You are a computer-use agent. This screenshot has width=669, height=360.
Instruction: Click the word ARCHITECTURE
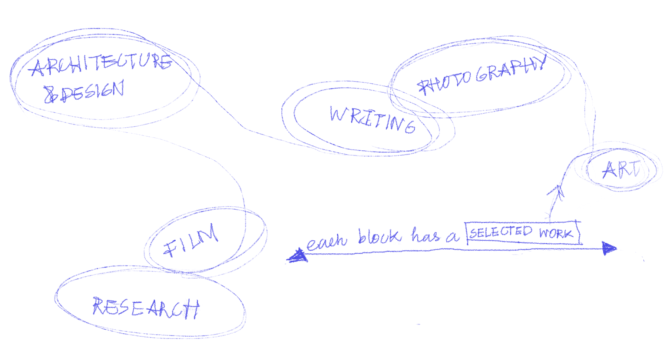click(x=101, y=64)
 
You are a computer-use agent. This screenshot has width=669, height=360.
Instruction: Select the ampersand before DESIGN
click(x=50, y=95)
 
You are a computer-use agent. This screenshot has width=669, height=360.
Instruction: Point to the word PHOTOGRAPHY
click(x=482, y=76)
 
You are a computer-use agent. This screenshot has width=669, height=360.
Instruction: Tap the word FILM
click(x=191, y=241)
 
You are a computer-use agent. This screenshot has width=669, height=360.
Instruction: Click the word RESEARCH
click(x=146, y=307)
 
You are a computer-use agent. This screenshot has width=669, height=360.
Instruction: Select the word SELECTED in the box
click(x=501, y=232)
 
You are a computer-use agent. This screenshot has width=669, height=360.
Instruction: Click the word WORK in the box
click(x=556, y=233)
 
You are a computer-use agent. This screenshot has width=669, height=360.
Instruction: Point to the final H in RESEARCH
click(x=192, y=309)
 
